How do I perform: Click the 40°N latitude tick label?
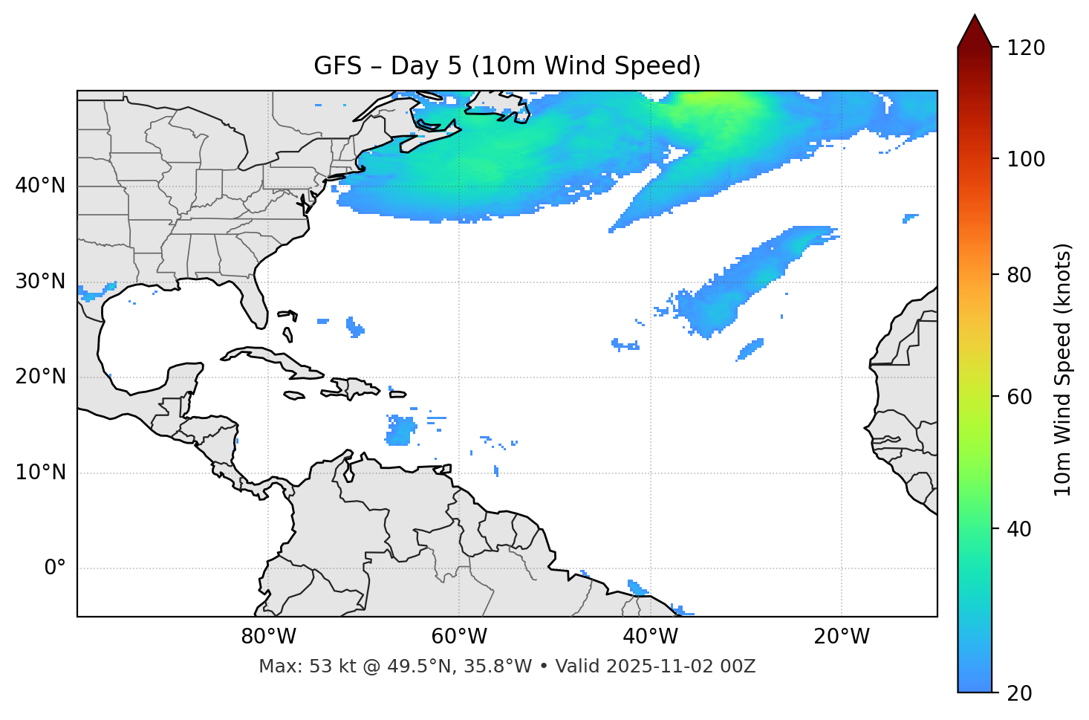click(40, 186)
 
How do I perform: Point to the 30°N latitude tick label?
click(40, 282)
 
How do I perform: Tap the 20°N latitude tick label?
click(40, 377)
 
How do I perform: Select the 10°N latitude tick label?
click(40, 473)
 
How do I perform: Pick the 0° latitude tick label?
click(54, 568)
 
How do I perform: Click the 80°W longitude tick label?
click(268, 637)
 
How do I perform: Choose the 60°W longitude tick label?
click(459, 637)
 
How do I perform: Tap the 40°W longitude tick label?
click(650, 637)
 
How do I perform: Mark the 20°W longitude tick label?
click(841, 637)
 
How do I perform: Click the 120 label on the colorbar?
click(1026, 48)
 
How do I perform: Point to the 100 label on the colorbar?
click(1026, 159)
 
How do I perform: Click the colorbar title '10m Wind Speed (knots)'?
click(1063, 369)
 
